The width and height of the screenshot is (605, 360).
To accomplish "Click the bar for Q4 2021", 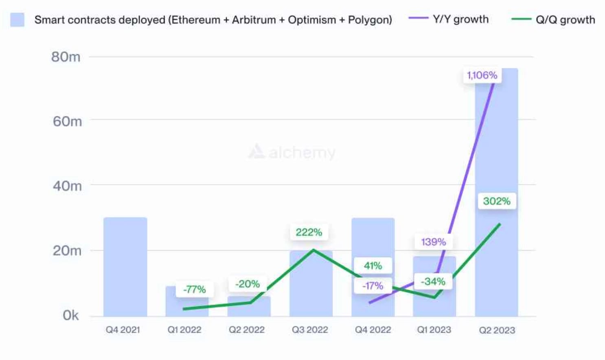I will (x=125, y=267).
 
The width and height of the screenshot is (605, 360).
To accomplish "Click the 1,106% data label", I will (x=482, y=75).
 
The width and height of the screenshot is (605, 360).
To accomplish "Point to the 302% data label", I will (x=496, y=201).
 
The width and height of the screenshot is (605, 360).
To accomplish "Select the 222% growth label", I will (x=309, y=233).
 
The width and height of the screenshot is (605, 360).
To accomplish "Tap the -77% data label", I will (x=195, y=290).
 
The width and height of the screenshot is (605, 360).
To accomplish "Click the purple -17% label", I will (x=373, y=286).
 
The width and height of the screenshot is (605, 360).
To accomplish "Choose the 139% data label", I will (x=433, y=242).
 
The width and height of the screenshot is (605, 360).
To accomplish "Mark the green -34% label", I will (x=433, y=282).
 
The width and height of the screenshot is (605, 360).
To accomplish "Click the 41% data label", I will (x=373, y=266).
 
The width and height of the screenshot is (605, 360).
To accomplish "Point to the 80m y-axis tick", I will (x=66, y=57).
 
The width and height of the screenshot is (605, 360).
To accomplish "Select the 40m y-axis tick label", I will (x=67, y=186).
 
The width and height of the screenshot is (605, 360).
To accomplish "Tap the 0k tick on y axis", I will (x=70, y=315).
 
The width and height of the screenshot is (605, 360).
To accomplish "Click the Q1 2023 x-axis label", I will (x=434, y=330).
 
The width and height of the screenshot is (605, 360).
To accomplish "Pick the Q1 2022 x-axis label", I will (x=184, y=330).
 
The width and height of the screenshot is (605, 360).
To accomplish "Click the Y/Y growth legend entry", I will (x=449, y=19).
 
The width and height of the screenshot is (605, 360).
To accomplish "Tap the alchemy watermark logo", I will (x=292, y=152).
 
